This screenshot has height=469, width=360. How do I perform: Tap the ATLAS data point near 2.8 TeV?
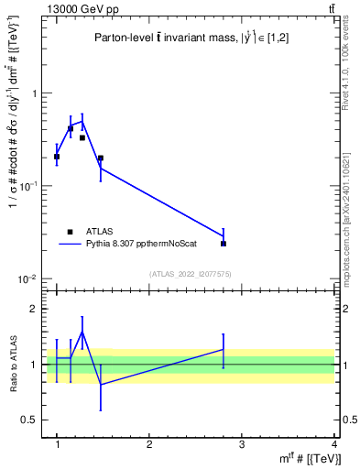[224, 244]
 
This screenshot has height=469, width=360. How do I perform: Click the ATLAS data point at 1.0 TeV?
[57, 157]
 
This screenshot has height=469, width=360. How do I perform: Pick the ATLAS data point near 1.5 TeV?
[101, 158]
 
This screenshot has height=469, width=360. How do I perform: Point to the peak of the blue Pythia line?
[82, 120]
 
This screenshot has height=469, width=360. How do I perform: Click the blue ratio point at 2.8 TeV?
[224, 349]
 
